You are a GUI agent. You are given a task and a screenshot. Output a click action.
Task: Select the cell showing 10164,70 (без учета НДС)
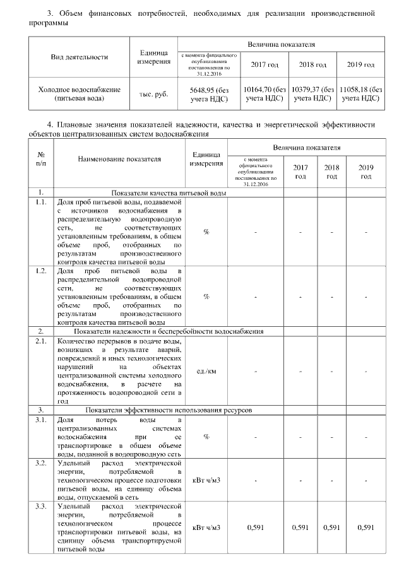click(264, 94)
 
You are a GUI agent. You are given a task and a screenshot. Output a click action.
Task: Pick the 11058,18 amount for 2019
click(360, 94)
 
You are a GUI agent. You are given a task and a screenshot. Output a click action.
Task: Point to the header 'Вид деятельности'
click(79, 57)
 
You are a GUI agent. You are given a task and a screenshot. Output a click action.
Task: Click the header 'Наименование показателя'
click(119, 159)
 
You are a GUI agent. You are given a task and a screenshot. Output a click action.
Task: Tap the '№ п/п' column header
click(41, 159)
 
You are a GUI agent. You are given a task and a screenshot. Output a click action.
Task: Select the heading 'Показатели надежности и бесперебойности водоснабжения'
click(169, 331)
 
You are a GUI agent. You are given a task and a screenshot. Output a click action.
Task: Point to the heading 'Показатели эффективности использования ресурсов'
click(169, 409)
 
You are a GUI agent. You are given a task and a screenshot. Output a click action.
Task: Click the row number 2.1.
click(41, 341)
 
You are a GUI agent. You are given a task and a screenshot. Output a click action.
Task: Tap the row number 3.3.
click(41, 507)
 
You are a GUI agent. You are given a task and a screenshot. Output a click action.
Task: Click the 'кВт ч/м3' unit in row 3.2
click(206, 481)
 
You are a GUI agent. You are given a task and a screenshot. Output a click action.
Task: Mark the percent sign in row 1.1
click(206, 232)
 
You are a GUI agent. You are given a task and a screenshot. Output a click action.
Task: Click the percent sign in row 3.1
click(206, 437)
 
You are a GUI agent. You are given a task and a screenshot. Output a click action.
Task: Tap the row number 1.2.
click(41, 271)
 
